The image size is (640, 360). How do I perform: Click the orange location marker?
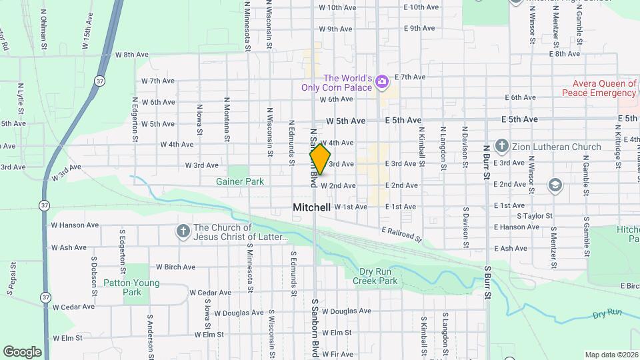click(320, 159)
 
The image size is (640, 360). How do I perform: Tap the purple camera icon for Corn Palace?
click(382, 82)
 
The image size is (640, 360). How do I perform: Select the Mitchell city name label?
click(311, 207)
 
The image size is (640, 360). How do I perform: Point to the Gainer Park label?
click(240, 181)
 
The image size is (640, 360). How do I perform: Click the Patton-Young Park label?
click(132, 287)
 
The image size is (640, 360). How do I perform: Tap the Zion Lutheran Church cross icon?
click(502, 146)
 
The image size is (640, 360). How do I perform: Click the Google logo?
click(22, 351)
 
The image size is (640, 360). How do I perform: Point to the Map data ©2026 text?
click(611, 355)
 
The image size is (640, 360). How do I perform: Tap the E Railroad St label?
click(403, 234)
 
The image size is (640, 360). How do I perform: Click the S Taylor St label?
click(535, 216)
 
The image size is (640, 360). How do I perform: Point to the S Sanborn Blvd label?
click(315, 330)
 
